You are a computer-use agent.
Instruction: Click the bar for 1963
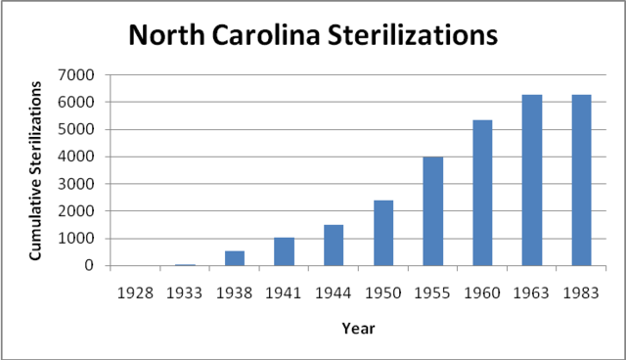tap(531, 180)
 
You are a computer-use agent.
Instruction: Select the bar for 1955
tap(432, 211)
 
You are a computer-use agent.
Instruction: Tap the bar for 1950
tap(383, 233)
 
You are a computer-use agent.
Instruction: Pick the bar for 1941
tap(284, 251)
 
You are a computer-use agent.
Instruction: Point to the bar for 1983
tap(581, 180)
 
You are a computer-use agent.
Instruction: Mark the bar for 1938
tap(235, 258)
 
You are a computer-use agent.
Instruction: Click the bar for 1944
tap(334, 246)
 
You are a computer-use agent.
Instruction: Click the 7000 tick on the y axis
tap(79, 75)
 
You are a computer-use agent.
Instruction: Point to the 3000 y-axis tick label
tap(79, 184)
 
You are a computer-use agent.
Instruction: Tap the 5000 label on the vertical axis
tap(79, 129)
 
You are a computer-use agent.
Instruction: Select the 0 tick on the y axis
tap(90, 266)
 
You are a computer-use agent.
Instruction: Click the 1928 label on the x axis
tap(135, 291)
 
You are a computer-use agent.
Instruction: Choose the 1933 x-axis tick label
tap(185, 291)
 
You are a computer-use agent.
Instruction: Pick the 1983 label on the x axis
tap(581, 291)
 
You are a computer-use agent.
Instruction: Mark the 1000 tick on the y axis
tap(79, 239)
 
